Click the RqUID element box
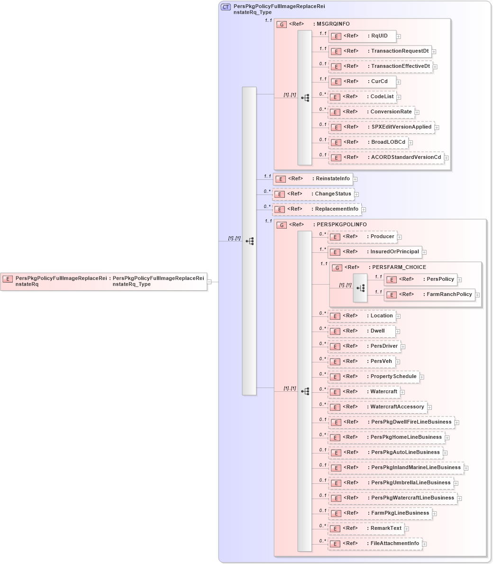tap(363, 36)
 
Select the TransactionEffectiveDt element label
tap(400, 66)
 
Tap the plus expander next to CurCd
tap(399, 82)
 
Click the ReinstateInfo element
tap(313, 179)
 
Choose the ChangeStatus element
tap(313, 194)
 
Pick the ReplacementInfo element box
tap(317, 209)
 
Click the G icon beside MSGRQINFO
tap(282, 24)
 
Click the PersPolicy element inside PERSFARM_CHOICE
tap(421, 279)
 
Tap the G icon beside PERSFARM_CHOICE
tap(337, 268)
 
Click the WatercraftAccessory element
tap(378, 407)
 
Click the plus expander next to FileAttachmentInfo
tap(424, 544)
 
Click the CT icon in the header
tap(226, 7)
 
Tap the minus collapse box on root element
tap(209, 281)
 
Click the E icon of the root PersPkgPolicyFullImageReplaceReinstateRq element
tap(8, 279)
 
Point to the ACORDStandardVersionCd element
tap(386, 157)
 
